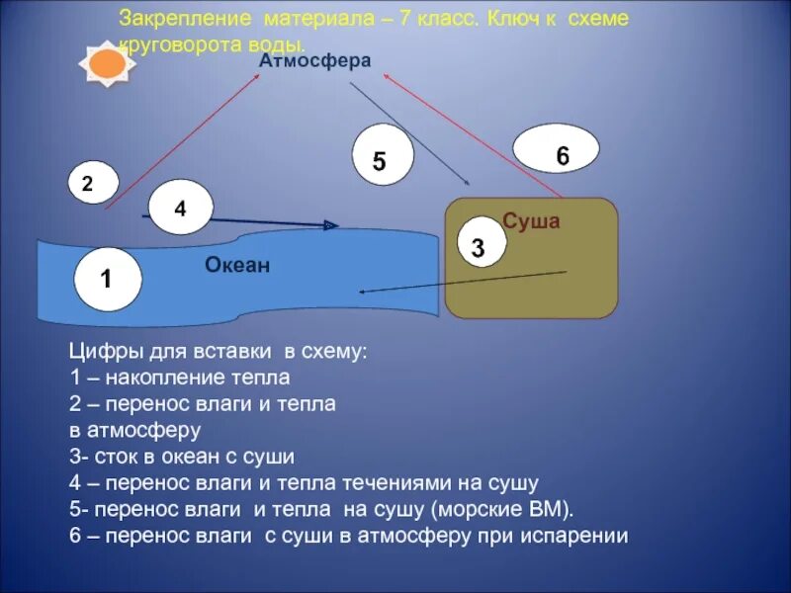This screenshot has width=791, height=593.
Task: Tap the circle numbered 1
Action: click(x=106, y=279)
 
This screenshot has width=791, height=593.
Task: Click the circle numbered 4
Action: click(x=180, y=207)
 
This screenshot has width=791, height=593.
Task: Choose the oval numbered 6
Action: click(x=556, y=150)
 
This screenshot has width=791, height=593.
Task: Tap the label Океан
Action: click(x=237, y=265)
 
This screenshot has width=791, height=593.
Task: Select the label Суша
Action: click(x=531, y=221)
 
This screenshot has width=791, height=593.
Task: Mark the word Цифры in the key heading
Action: click(x=99, y=351)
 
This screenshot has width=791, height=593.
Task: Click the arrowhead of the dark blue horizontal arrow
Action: click(x=332, y=226)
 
